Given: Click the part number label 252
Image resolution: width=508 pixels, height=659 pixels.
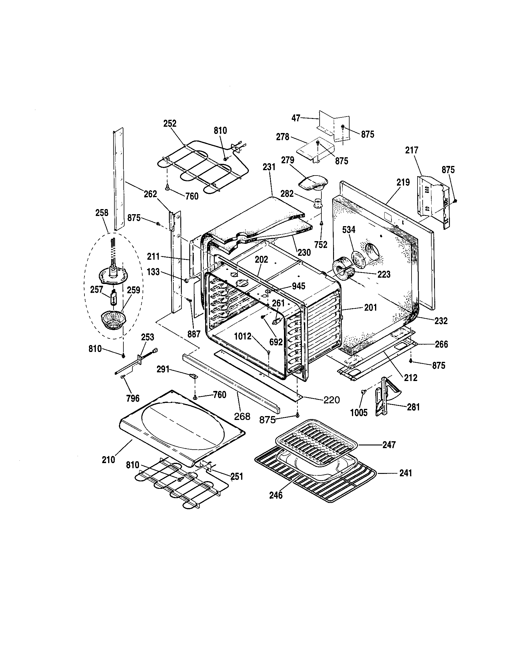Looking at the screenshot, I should pyautogui.click(x=170, y=124).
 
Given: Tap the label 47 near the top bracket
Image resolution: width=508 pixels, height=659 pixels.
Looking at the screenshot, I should pyautogui.click(x=296, y=118).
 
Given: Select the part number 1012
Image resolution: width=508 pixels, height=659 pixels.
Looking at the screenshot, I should pyautogui.click(x=243, y=336).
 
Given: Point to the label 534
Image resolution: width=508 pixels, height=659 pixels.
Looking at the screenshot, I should pyautogui.click(x=349, y=230).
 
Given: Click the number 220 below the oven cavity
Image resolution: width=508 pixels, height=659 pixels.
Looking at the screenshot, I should pyautogui.click(x=331, y=400).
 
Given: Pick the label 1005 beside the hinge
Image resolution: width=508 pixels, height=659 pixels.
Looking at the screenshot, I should pyautogui.click(x=359, y=412).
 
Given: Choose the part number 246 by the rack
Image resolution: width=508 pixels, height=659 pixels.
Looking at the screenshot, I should pyautogui.click(x=276, y=495).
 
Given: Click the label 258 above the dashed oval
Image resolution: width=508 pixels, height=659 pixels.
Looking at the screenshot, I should pyautogui.click(x=102, y=212).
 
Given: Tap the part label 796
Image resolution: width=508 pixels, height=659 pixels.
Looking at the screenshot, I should pyautogui.click(x=133, y=398).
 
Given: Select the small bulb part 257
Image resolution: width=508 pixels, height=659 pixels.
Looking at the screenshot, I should pyautogui.click(x=113, y=298).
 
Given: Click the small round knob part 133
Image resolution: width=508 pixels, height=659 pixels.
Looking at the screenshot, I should pyautogui.click(x=186, y=281).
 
